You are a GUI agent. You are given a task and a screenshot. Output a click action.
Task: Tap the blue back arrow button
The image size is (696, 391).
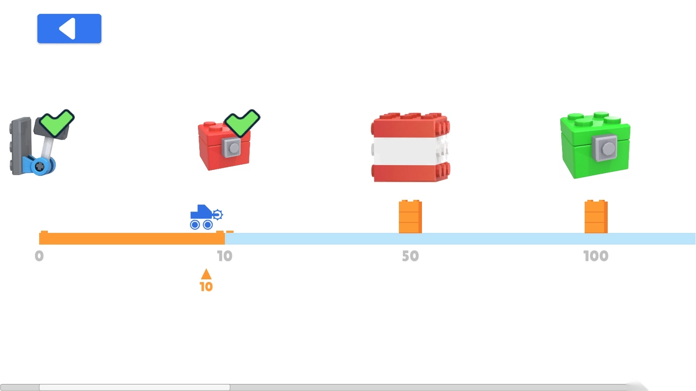click(x=69, y=29)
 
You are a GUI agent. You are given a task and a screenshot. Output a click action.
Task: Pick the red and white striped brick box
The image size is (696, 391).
click(x=410, y=147)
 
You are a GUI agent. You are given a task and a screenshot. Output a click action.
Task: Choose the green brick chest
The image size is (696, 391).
click(x=595, y=146)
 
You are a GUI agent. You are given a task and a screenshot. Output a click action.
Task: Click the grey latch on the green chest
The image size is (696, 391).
click(x=606, y=149)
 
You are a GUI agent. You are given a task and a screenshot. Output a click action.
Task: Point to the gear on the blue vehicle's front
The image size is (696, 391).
click(x=217, y=214)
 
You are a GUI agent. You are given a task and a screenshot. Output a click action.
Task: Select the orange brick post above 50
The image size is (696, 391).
click(x=410, y=217)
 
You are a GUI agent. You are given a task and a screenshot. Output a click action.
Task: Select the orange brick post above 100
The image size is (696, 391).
click(x=596, y=217)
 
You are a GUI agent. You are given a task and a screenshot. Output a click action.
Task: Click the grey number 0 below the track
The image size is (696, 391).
click(x=39, y=256)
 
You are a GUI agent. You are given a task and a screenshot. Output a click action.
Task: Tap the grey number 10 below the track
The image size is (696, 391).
click(x=224, y=256)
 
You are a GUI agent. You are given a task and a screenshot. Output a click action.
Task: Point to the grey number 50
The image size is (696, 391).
click(x=410, y=256)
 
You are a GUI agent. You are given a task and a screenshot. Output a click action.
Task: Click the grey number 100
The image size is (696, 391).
click(x=596, y=256)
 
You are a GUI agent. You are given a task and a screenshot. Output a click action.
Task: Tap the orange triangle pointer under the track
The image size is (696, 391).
click(x=206, y=274)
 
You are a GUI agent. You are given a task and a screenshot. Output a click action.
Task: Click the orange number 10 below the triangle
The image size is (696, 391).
click(x=206, y=287)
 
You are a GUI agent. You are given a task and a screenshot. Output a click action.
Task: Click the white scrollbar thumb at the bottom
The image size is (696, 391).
click(x=134, y=387)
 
